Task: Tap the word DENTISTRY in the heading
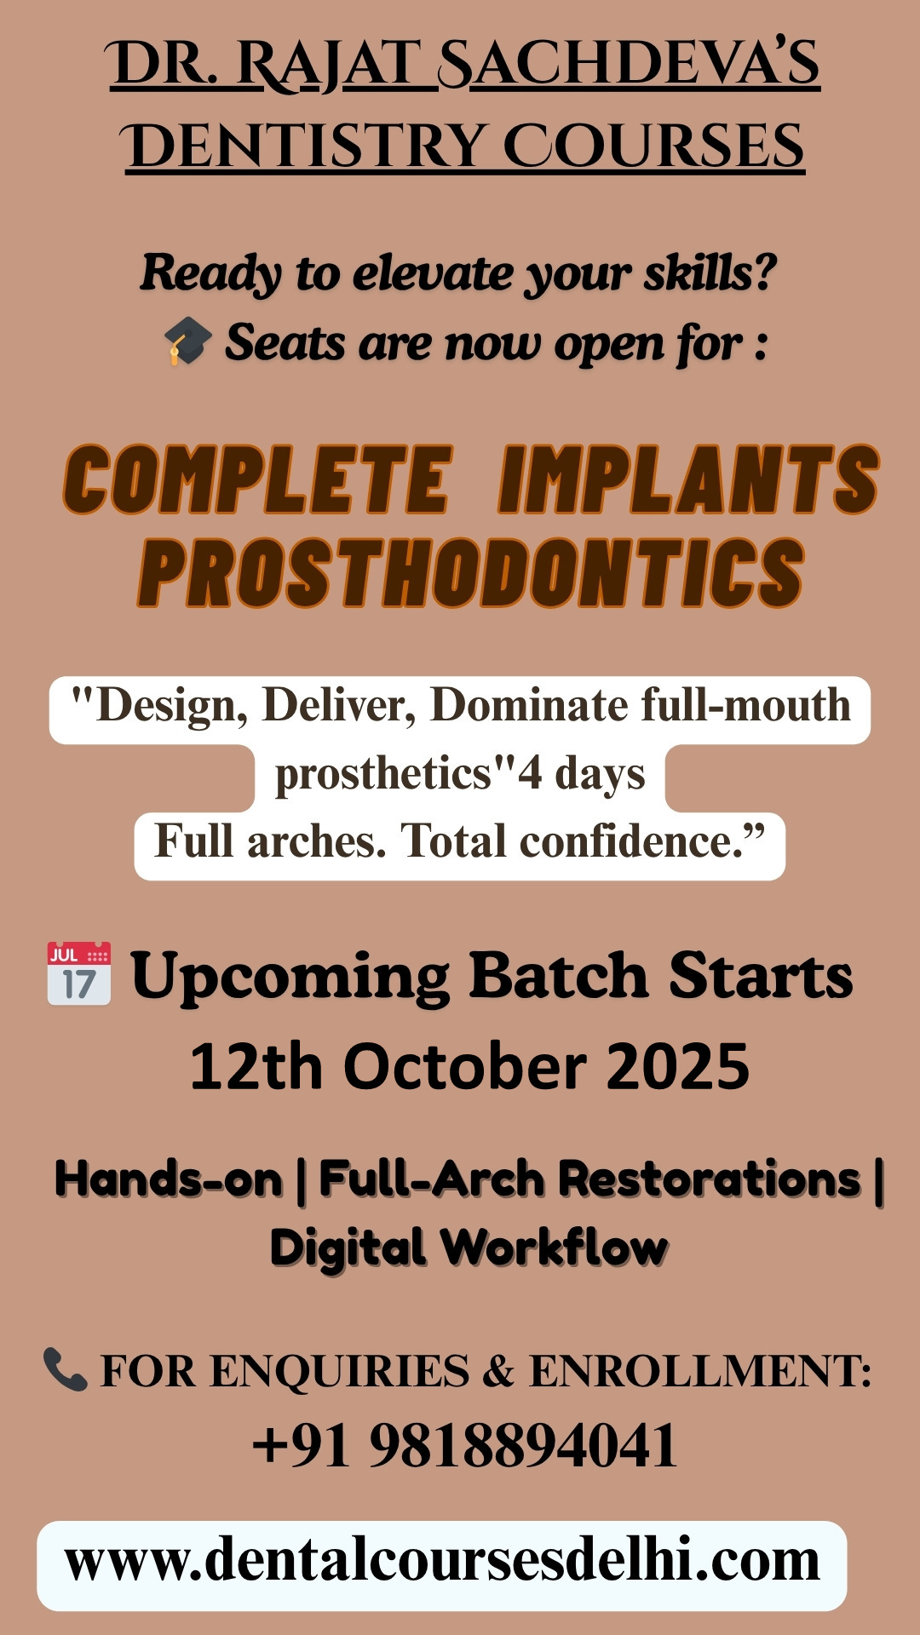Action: pyautogui.click(x=305, y=146)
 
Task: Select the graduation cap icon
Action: pyautogui.click(x=187, y=341)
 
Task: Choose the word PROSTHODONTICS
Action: pyautogui.click(x=471, y=572)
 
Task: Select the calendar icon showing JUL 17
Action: pyautogui.click(x=79, y=973)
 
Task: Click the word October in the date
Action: pyautogui.click(x=465, y=1066)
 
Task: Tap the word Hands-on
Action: pyautogui.click(x=169, y=1180)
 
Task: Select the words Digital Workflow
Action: pyautogui.click(x=469, y=1248)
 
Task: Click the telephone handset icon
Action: pyautogui.click(x=65, y=1369)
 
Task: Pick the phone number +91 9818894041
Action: pyautogui.click(x=465, y=1446)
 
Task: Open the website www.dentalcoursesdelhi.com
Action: pyautogui.click(x=442, y=1562)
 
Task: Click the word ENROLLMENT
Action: pyautogui.click(x=700, y=1371)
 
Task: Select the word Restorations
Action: pyautogui.click(x=710, y=1179)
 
